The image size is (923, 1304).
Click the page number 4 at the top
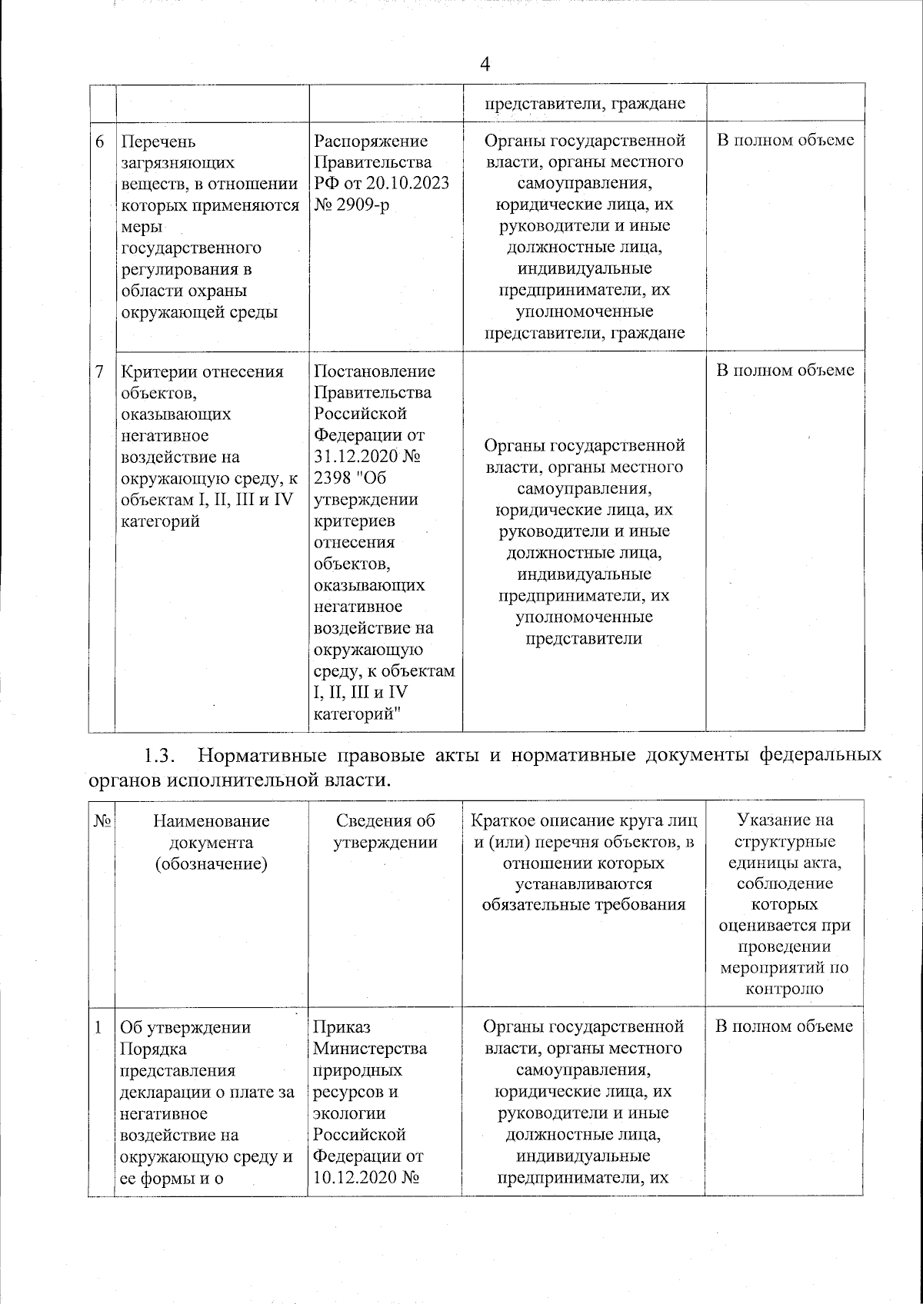tap(485, 65)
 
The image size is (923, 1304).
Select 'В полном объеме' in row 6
tap(785, 141)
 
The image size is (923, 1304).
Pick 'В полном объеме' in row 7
tap(785, 371)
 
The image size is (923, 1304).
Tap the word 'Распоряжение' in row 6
tap(371, 141)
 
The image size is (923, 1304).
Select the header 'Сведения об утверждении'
tap(385, 832)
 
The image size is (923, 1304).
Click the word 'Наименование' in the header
tap(211, 821)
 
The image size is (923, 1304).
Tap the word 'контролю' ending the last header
tap(785, 989)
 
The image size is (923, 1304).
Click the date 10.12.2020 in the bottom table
tap(355, 1177)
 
